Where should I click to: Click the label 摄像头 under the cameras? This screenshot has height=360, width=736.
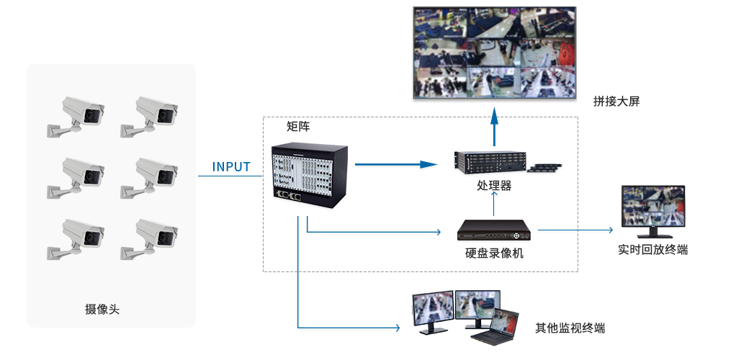tap(102, 310)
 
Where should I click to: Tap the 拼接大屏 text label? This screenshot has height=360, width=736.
tap(616, 102)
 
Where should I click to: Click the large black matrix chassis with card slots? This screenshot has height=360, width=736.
tap(310, 175)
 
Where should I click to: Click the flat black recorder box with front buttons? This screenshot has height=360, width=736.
tap(494, 230)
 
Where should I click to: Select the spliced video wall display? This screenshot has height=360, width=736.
tap(494, 53)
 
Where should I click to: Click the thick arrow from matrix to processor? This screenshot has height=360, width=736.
tap(396, 164)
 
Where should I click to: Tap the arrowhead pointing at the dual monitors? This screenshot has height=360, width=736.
tap(396, 328)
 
